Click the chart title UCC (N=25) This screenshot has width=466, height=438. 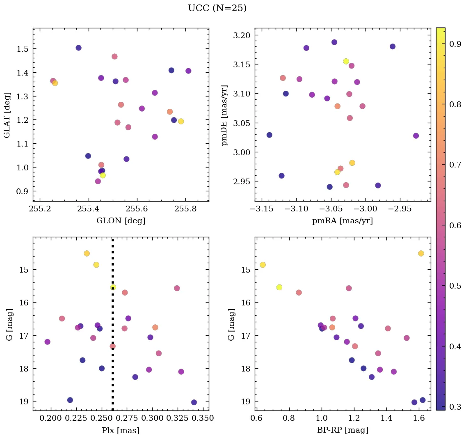pyautogui.click(x=217, y=8)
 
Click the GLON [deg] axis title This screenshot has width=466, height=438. pyautogui.click(x=121, y=221)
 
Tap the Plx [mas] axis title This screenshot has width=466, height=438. pyautogui.click(x=121, y=431)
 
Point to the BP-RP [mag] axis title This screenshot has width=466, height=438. pyautogui.click(x=343, y=431)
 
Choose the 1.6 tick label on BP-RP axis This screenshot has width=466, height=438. pyautogui.click(x=418, y=419)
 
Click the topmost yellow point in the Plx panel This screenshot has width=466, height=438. pyautogui.click(x=87, y=253)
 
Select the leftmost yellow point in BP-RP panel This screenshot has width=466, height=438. pyautogui.click(x=263, y=265)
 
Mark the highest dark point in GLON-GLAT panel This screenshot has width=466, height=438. pyautogui.click(x=79, y=48)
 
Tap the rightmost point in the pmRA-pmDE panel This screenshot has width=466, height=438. pyautogui.click(x=416, y=135)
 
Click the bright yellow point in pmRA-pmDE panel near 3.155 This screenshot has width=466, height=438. pyautogui.click(x=346, y=61)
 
